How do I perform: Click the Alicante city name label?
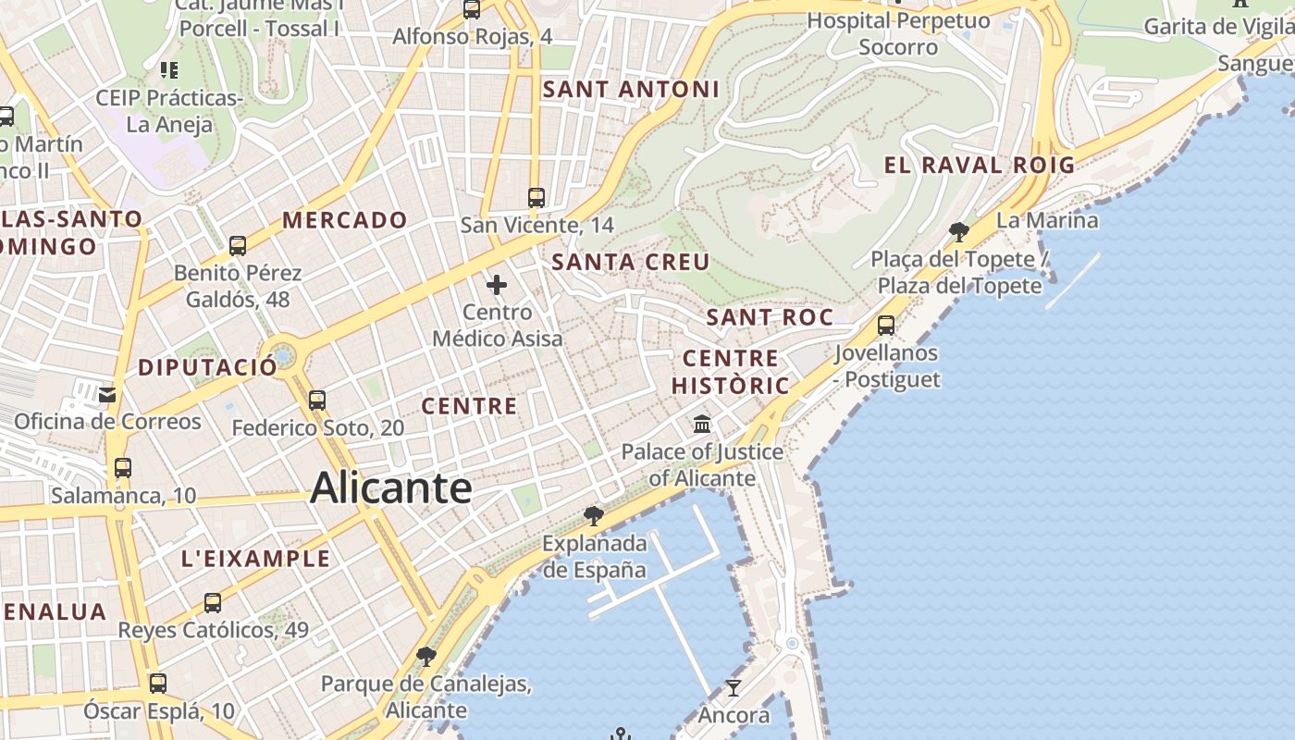[390, 487]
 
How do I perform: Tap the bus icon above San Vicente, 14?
[536, 197]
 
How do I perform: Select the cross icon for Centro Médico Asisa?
[497, 284]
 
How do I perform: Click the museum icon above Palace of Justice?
[702, 425]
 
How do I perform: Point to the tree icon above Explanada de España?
[594, 515]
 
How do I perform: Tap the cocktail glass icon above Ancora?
[734, 687]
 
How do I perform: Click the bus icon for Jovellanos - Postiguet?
[886, 326]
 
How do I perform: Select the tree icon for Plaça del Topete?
[959, 231]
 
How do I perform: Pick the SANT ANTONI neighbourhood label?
[631, 90]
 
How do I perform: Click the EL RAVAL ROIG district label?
[980, 166]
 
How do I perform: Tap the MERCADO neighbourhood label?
[345, 220]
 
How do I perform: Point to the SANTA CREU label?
[631, 262]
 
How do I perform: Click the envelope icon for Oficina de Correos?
[107, 395]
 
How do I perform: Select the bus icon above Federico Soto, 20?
[317, 401]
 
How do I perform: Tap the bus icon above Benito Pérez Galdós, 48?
[238, 246]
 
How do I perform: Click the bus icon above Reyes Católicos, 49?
[213, 603]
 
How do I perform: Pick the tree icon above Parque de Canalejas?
[425, 657]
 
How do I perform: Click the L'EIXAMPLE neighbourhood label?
[255, 559]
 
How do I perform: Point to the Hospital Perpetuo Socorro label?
[897, 33]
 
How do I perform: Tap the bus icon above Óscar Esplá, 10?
[158, 684]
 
